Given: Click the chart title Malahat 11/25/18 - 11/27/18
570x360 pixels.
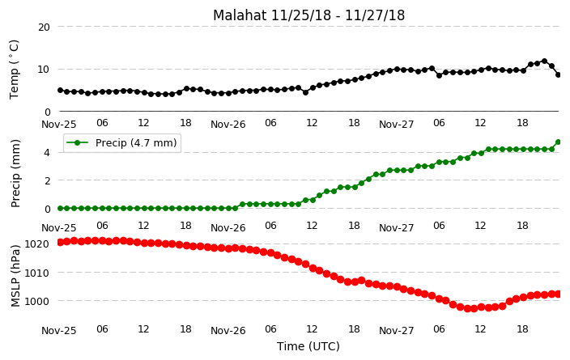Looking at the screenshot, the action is pyautogui.click(x=308, y=15).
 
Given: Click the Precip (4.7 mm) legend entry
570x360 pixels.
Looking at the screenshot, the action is pyautogui.click(x=122, y=142).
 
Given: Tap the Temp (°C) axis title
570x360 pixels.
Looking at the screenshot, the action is pyautogui.click(x=14, y=70).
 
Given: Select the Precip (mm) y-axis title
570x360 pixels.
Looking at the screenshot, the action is pyautogui.click(x=15, y=174).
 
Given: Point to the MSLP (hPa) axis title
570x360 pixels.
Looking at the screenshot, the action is pyautogui.click(x=15, y=276).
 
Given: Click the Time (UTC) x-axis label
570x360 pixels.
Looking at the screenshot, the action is pyautogui.click(x=308, y=346).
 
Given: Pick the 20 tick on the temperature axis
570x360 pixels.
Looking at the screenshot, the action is pyautogui.click(x=44, y=27).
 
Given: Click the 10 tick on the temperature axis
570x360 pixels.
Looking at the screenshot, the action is pyautogui.click(x=44, y=70).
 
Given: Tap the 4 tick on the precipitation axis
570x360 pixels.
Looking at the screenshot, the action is pyautogui.click(x=47, y=153).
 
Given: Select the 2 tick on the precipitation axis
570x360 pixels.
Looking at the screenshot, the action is pyautogui.click(x=47, y=180).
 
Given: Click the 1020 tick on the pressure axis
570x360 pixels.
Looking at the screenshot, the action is pyautogui.click(x=36, y=244).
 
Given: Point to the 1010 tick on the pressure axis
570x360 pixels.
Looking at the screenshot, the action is pyautogui.click(x=36, y=273).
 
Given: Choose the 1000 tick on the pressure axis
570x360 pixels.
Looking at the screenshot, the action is pyautogui.click(x=36, y=301).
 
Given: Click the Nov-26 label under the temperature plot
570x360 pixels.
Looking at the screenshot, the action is pyautogui.click(x=228, y=125).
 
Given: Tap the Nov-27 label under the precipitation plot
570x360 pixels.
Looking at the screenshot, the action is pyautogui.click(x=396, y=228).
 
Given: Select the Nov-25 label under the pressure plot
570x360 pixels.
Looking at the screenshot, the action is pyautogui.click(x=59, y=331).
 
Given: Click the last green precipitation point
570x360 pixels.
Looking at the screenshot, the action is pyautogui.click(x=559, y=142).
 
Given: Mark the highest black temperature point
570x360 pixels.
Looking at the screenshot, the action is pyautogui.click(x=544, y=61).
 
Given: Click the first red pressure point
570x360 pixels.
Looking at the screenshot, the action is pyautogui.click(x=61, y=243).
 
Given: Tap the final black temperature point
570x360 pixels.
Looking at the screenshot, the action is pyautogui.click(x=559, y=75).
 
